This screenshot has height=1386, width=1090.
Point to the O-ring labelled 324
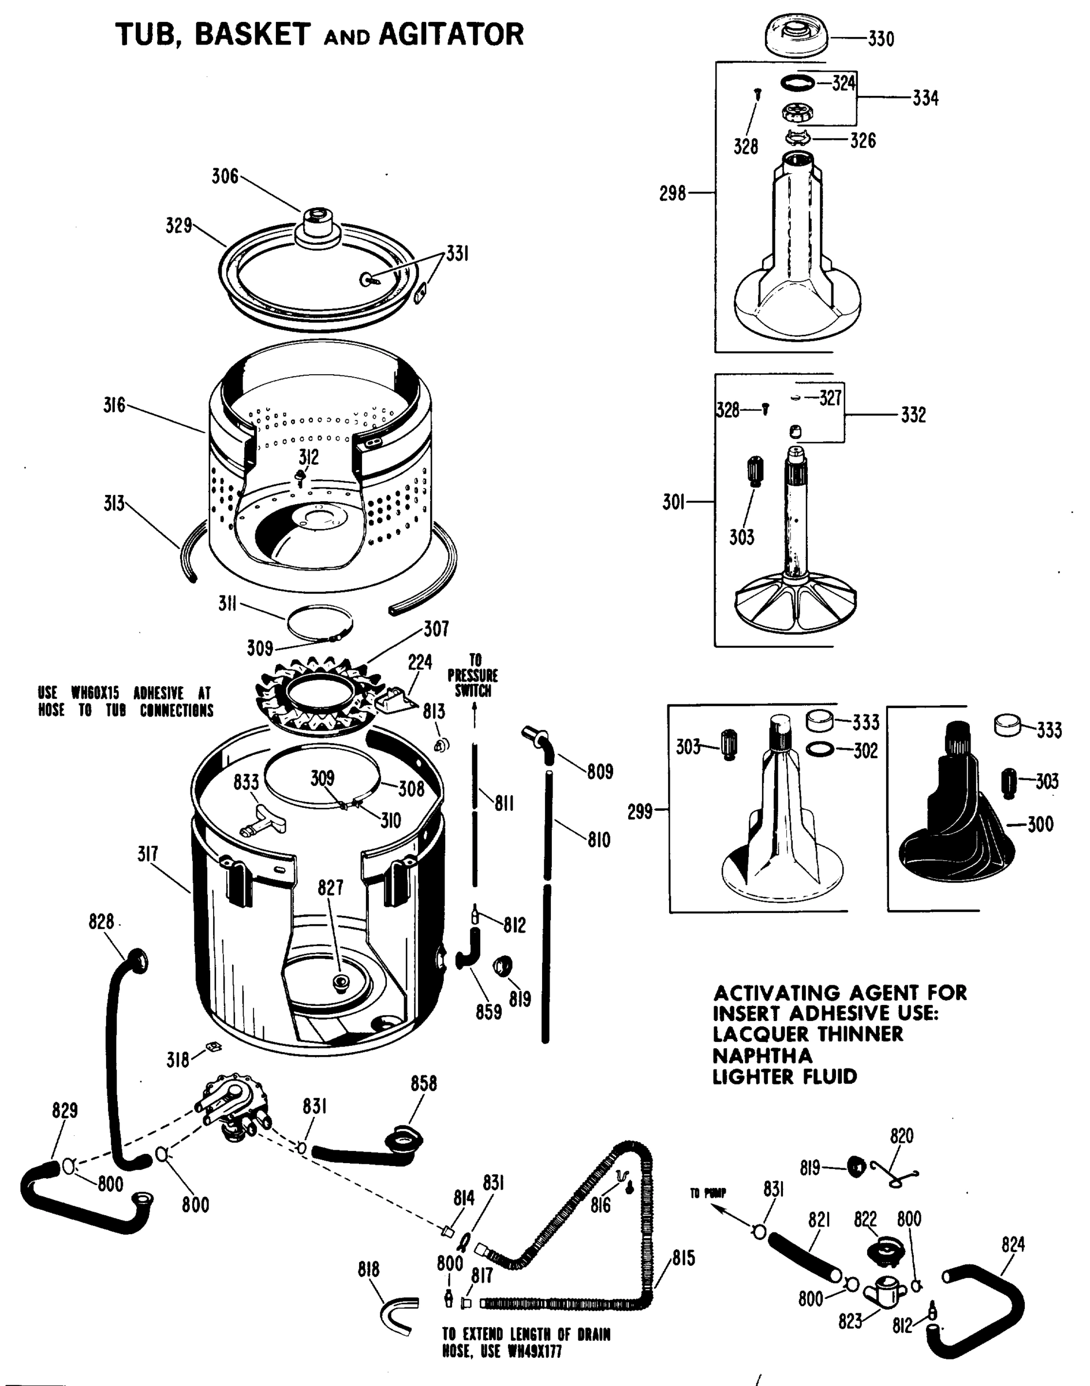pyautogui.click(x=798, y=82)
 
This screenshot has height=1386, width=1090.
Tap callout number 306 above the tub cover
pyautogui.click(x=225, y=176)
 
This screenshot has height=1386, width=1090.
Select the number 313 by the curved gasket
pyautogui.click(x=114, y=504)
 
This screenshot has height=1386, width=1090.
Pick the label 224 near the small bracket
pyautogui.click(x=420, y=662)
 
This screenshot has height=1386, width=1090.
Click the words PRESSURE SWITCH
pyautogui.click(x=473, y=683)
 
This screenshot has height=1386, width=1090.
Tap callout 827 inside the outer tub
pyautogui.click(x=331, y=888)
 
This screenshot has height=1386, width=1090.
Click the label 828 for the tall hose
pyautogui.click(x=101, y=922)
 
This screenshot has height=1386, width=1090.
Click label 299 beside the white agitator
pyautogui.click(x=640, y=811)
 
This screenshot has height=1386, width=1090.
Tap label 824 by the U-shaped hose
pyautogui.click(x=1013, y=1245)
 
